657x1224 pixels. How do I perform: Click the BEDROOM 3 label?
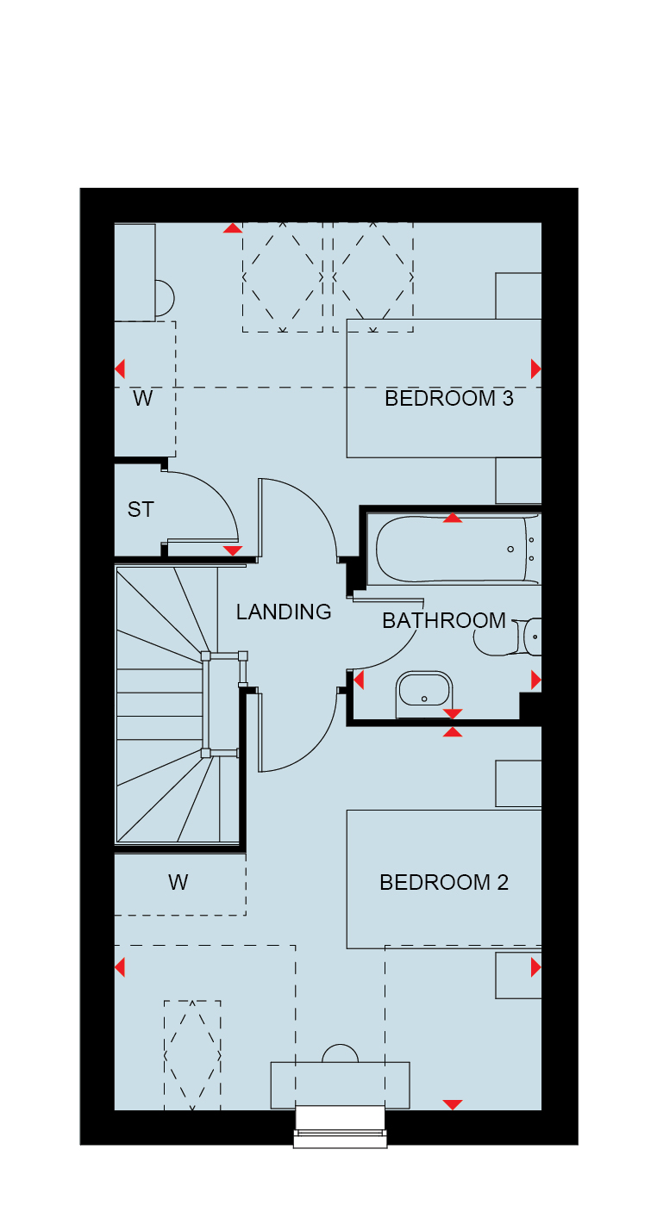click(449, 398)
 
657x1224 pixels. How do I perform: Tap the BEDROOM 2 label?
click(444, 882)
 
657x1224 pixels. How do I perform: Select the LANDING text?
click(284, 612)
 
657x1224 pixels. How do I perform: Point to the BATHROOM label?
click(444, 620)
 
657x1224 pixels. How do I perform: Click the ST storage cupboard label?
click(141, 509)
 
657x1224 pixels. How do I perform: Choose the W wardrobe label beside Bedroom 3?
click(143, 398)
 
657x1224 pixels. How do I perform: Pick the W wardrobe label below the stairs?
click(178, 882)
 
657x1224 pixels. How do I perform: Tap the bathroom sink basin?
click(424, 693)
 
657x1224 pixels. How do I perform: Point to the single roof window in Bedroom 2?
click(192, 1055)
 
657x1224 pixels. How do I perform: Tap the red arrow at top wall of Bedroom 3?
click(233, 228)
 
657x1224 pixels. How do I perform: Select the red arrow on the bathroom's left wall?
click(359, 680)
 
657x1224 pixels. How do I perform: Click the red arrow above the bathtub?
click(453, 518)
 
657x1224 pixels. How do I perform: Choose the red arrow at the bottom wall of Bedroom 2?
click(453, 1104)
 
